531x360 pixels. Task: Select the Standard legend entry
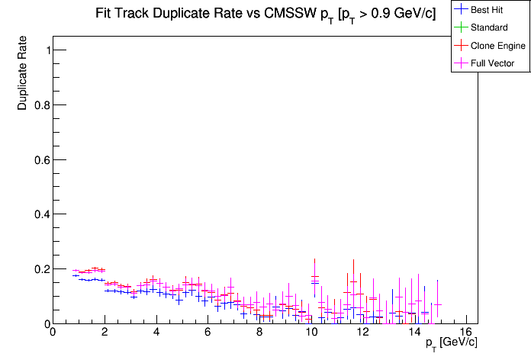[x=489, y=27]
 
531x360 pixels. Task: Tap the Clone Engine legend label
[x=498, y=46]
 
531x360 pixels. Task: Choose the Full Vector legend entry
[x=493, y=63]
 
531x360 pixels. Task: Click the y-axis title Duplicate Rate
[x=23, y=73]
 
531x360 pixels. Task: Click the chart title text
[x=265, y=14]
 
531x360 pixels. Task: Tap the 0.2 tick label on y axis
[x=39, y=269]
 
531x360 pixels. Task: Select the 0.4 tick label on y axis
[x=39, y=214]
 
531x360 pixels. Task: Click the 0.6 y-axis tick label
[x=39, y=159]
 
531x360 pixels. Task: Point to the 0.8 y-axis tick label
[x=39, y=104]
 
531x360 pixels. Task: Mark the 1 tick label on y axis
[x=45, y=50]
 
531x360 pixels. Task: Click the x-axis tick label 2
[x=104, y=333]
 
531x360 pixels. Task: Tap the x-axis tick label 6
[x=208, y=333]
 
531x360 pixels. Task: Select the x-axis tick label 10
[x=311, y=333]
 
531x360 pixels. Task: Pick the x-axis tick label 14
[x=414, y=333]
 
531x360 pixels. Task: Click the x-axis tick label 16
[x=466, y=333]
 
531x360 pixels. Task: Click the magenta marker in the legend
[x=460, y=63]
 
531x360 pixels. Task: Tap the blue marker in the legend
[x=460, y=10]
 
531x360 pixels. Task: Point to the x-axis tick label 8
[x=259, y=333]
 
